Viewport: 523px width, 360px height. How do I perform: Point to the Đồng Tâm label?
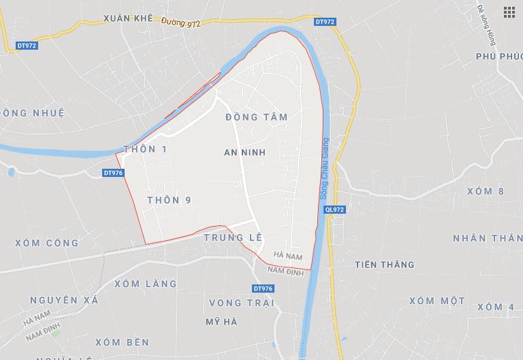[x=256, y=117]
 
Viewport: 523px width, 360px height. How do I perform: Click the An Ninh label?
[x=244, y=152]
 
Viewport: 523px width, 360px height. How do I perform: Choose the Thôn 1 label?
[x=145, y=149]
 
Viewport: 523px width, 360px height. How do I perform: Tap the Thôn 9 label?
[x=168, y=200]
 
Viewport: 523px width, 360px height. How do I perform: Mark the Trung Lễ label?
[x=234, y=238]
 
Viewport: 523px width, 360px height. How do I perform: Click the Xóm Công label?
[x=47, y=242]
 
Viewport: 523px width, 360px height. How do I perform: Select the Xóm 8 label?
[x=486, y=191]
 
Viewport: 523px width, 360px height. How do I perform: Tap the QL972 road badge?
[x=335, y=210]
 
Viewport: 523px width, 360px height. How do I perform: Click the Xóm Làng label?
[x=145, y=283]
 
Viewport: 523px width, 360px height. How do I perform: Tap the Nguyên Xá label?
[x=65, y=300]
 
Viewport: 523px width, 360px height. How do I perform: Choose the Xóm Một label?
[x=437, y=301]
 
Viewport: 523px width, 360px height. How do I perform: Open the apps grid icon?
[x=509, y=12]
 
